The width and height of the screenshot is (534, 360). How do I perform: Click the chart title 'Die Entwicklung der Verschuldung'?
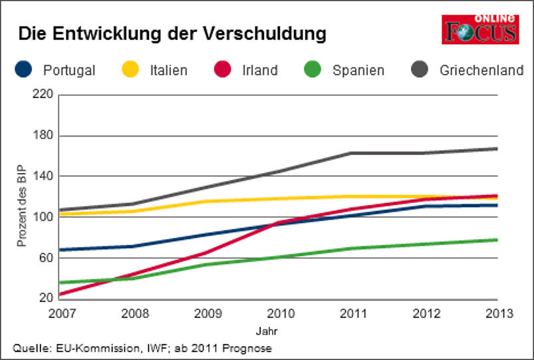point(172,34)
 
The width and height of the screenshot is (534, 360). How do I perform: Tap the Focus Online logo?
point(479,29)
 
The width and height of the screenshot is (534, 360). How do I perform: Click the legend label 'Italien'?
point(168,70)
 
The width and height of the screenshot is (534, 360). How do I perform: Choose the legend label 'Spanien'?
point(358,70)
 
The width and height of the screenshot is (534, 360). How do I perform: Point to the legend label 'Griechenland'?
point(481,70)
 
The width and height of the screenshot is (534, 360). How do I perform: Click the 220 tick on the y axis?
point(42,94)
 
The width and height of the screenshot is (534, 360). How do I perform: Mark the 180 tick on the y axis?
point(42,136)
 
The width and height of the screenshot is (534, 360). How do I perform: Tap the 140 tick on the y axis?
point(42,176)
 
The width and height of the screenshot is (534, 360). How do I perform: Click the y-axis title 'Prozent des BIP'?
point(21,206)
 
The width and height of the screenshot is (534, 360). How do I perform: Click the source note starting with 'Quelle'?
point(142,348)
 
